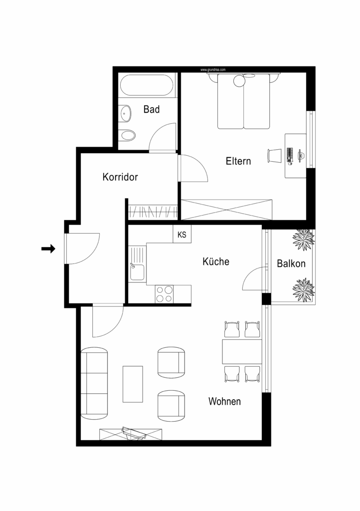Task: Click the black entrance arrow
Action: pyautogui.click(x=48, y=249)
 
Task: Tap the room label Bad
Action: pyautogui.click(x=152, y=109)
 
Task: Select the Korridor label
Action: pyautogui.click(x=120, y=177)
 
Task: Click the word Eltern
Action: pyautogui.click(x=238, y=161)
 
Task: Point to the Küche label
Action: pyautogui.click(x=216, y=261)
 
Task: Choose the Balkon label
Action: pyautogui.click(x=291, y=264)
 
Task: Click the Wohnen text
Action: pyautogui.click(x=224, y=401)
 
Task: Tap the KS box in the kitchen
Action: pyautogui.click(x=182, y=235)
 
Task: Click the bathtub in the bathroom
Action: pyautogui.click(x=148, y=86)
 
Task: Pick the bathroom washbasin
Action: pyautogui.click(x=125, y=114)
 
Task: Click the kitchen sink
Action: pyautogui.click(x=137, y=272)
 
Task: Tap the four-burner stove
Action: pyautogui.click(x=164, y=293)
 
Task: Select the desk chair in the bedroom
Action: pyautogui.click(x=274, y=155)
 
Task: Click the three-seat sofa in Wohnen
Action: pyautogui.click(x=94, y=383)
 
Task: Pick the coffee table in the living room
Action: pyautogui.click(x=133, y=384)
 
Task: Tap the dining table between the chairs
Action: pyautogui.click(x=242, y=351)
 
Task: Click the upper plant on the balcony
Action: pyautogui.click(x=303, y=240)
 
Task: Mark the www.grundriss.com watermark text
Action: pyautogui.click(x=213, y=70)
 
